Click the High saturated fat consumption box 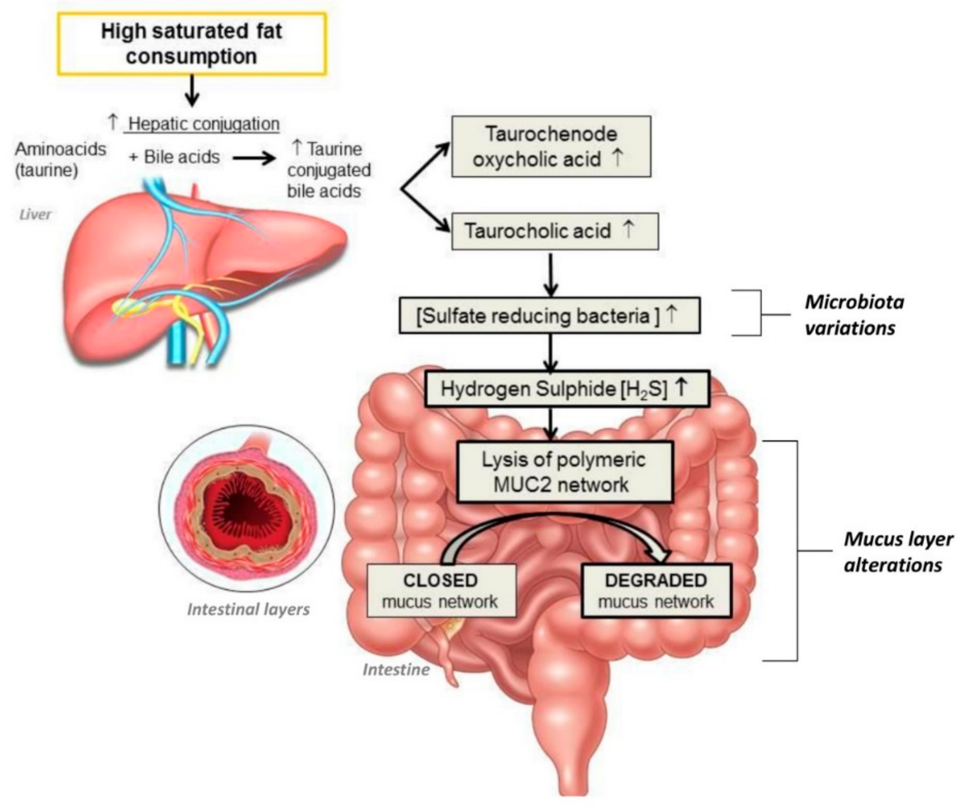click(x=192, y=44)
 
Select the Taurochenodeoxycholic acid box click(x=551, y=146)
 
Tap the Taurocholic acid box click(x=555, y=231)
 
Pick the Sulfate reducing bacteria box click(x=549, y=316)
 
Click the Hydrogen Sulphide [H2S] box click(x=566, y=389)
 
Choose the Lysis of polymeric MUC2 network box click(x=564, y=472)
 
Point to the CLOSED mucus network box click(x=441, y=591)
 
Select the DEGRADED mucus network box click(x=656, y=591)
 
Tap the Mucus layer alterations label click(x=898, y=552)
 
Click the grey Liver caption click(x=35, y=214)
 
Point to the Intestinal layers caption click(x=249, y=610)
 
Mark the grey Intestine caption click(x=396, y=669)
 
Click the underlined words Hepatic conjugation click(x=204, y=123)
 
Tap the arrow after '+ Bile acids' click(x=254, y=158)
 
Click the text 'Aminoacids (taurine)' click(x=60, y=159)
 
